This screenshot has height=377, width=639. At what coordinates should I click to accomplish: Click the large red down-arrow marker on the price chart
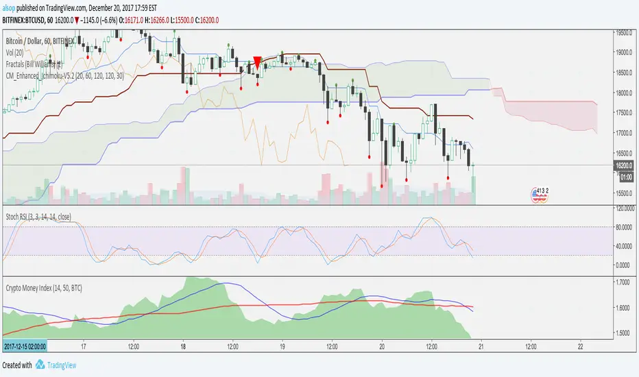tap(257, 62)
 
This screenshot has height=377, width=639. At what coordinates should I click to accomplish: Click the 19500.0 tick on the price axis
tap(623, 32)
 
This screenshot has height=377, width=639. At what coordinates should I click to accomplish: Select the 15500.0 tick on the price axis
tap(623, 193)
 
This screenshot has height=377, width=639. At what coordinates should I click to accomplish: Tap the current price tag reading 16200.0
tap(623, 165)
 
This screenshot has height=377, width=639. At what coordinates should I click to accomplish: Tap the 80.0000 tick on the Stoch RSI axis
tap(623, 227)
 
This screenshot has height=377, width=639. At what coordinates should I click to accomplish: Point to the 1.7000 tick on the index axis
tap(623, 282)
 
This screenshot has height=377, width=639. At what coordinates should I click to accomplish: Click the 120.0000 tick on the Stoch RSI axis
tap(623, 208)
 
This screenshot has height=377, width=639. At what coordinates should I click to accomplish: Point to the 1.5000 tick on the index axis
tap(623, 333)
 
